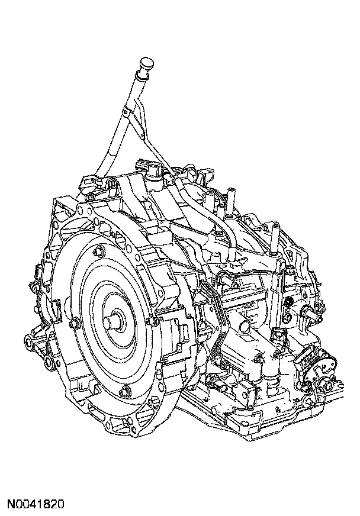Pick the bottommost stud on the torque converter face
click(x=125, y=392)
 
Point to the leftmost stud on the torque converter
click(x=73, y=324)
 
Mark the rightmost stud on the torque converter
click(x=151, y=320)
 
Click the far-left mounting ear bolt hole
click(x=29, y=342)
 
